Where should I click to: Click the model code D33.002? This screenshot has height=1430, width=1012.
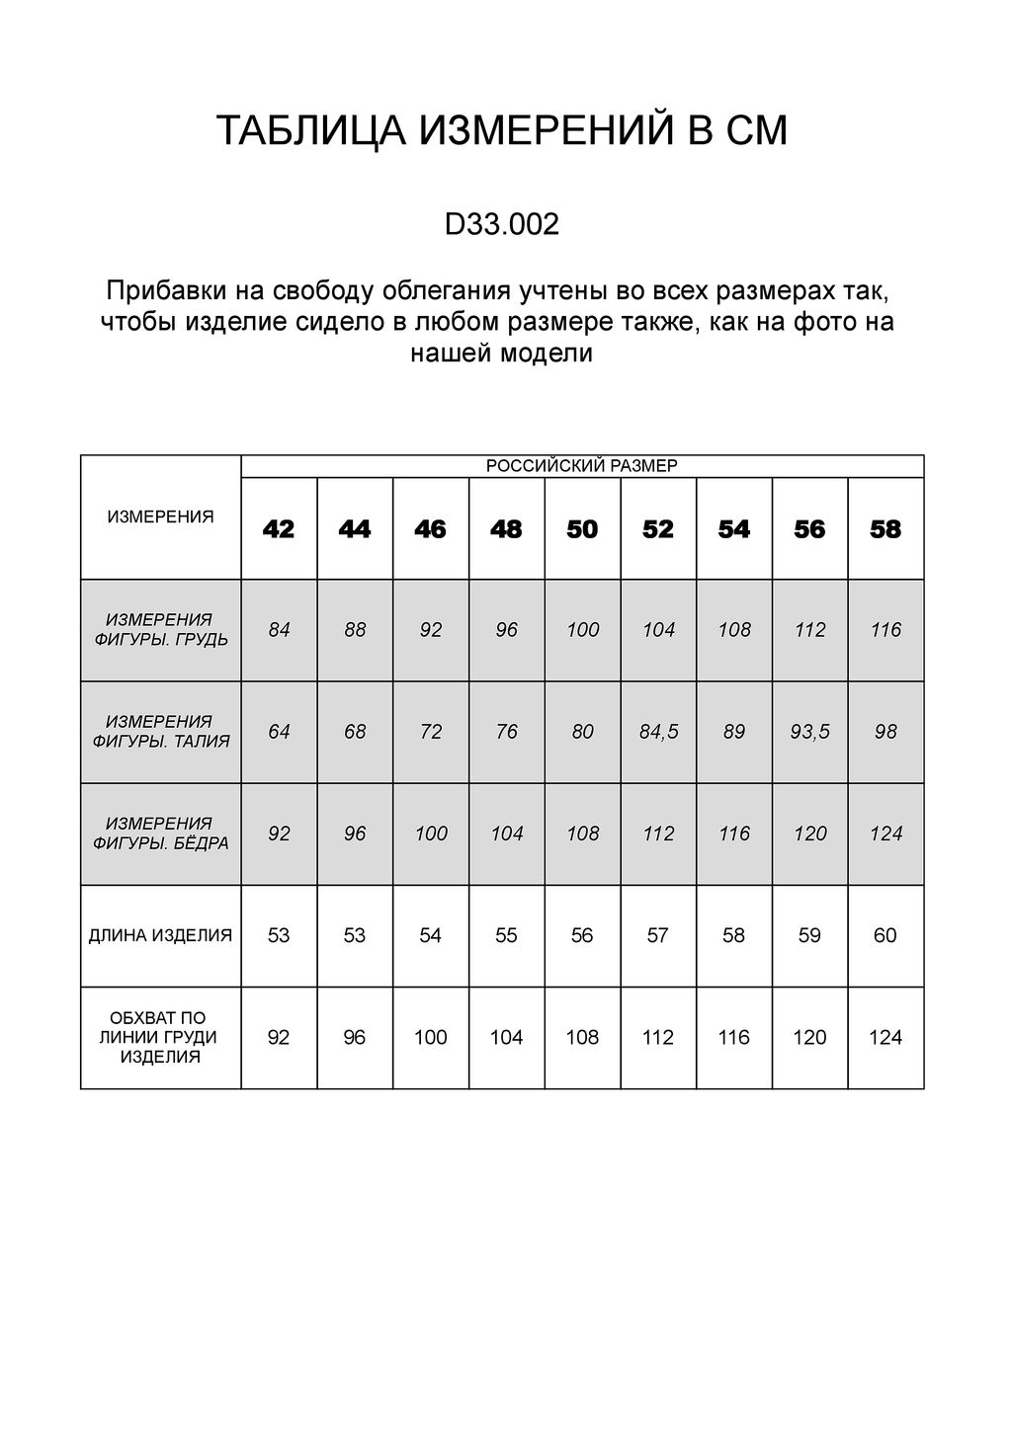(x=501, y=224)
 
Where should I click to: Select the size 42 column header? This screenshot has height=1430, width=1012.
(x=279, y=529)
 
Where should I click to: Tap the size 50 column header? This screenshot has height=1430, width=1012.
(x=582, y=529)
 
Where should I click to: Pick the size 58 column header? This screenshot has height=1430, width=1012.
(x=885, y=529)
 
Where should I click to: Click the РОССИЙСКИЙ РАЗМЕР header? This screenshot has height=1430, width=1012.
(x=582, y=466)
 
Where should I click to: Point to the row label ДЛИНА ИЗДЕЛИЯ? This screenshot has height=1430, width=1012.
(x=160, y=935)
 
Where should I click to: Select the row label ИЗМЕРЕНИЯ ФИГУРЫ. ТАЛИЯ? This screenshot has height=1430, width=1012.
(x=160, y=732)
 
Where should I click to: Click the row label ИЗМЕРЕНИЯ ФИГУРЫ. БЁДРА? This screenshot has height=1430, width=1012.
(x=160, y=834)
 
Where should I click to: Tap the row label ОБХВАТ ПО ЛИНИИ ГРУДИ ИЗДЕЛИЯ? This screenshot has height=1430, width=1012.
(x=160, y=1037)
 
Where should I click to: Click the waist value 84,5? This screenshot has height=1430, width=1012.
(x=658, y=732)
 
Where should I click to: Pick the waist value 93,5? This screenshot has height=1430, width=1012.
(x=809, y=732)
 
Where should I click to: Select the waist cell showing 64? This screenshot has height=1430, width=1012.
(x=279, y=732)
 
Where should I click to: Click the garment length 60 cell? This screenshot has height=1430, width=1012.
(x=885, y=935)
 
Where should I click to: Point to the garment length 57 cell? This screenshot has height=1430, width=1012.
(x=658, y=935)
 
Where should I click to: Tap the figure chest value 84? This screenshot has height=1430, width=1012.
(x=279, y=630)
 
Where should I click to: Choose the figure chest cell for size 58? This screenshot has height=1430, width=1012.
(x=885, y=630)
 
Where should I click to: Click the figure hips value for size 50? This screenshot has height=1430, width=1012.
(x=582, y=834)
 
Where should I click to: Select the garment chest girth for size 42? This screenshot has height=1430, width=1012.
(x=279, y=1037)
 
